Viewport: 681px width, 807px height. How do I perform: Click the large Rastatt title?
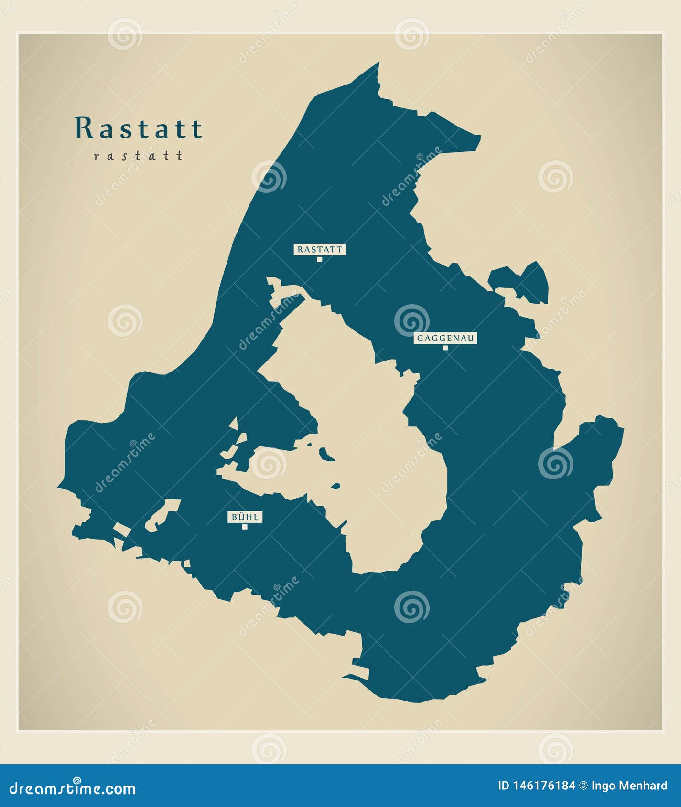[x=139, y=128]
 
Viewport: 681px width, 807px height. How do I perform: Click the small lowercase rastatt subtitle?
[x=139, y=156]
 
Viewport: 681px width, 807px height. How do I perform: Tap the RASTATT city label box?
[x=320, y=249]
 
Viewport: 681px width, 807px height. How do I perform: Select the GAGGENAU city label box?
[x=445, y=338]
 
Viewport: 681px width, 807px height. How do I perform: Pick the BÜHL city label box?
[x=245, y=517]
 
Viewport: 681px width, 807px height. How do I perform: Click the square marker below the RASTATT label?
[x=320, y=259]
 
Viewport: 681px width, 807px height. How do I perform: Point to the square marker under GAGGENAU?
[x=445, y=348]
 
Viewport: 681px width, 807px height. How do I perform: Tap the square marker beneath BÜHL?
[x=245, y=527]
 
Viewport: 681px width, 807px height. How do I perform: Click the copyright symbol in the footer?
[x=584, y=786]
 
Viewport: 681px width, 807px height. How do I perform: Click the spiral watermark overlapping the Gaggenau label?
[x=411, y=320]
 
